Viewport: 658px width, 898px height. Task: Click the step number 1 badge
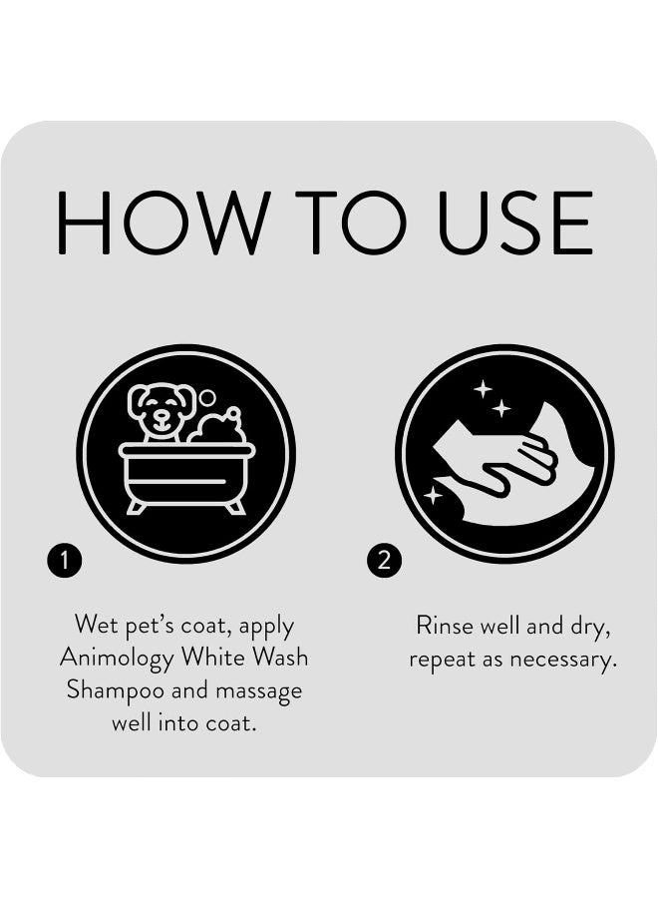[64, 561]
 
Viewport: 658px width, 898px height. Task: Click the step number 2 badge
[383, 561]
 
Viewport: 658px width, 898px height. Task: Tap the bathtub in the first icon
[186, 474]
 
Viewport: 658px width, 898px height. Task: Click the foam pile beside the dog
[218, 428]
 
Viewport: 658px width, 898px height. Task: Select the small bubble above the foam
[207, 397]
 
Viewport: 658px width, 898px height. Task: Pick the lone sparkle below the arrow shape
[434, 494]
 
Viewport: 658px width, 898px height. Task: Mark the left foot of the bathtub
[137, 508]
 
